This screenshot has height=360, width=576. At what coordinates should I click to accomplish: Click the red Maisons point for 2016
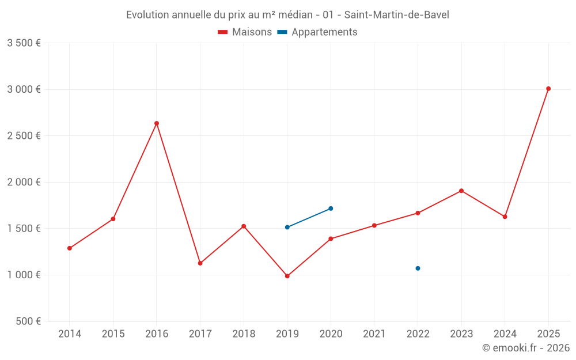[157, 123]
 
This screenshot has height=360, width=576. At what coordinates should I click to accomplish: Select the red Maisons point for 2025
[548, 89]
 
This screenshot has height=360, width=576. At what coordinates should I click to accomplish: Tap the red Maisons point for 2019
[287, 276]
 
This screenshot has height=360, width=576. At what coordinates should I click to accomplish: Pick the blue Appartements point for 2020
[331, 209]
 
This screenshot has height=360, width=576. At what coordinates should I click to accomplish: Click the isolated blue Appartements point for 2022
[418, 268]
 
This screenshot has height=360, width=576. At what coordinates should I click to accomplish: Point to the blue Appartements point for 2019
[287, 227]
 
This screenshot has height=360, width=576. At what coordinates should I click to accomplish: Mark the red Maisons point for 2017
[200, 263]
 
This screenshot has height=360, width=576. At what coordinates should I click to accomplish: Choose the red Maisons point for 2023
[461, 191]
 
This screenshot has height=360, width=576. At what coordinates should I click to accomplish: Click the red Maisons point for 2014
[70, 248]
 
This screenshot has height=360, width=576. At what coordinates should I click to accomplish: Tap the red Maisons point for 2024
[505, 217]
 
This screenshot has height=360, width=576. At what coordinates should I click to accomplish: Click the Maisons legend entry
[245, 32]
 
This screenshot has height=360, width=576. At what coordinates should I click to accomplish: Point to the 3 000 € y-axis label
[24, 89]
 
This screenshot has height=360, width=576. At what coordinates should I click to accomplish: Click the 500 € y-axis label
[28, 321]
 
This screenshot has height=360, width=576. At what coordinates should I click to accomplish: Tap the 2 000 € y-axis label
[24, 182]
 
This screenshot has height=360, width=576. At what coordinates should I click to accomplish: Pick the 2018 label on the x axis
[244, 334]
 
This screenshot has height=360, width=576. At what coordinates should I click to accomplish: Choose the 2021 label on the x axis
[374, 334]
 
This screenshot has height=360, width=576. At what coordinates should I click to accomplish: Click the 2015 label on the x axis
[113, 334]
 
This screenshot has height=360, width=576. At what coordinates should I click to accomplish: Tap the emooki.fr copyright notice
[525, 348]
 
